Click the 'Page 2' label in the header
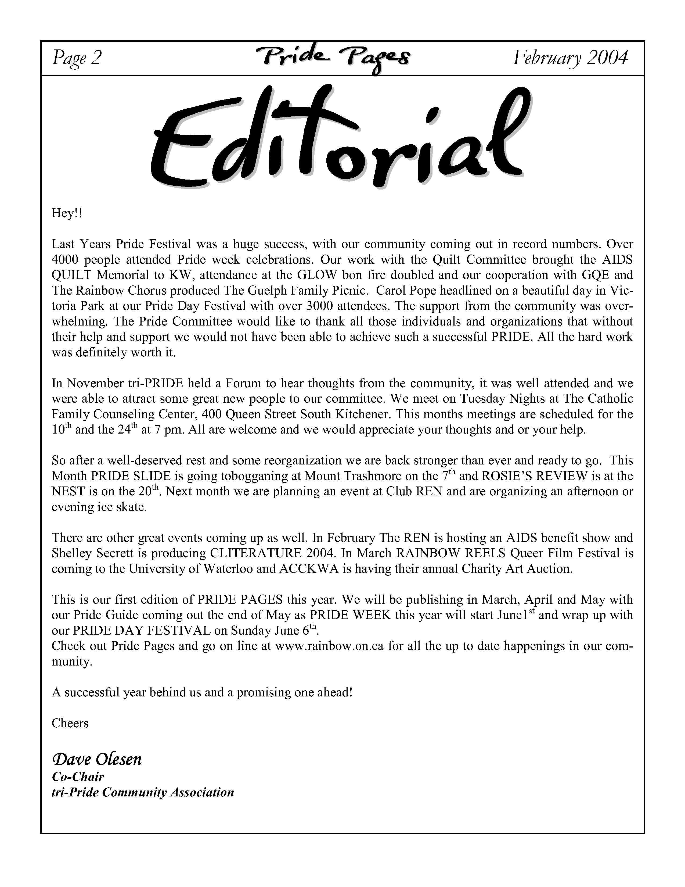76,58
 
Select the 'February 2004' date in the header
570,58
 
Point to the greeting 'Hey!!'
67,213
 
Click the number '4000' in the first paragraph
65,260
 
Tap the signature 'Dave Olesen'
97,759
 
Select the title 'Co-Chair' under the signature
78,777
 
